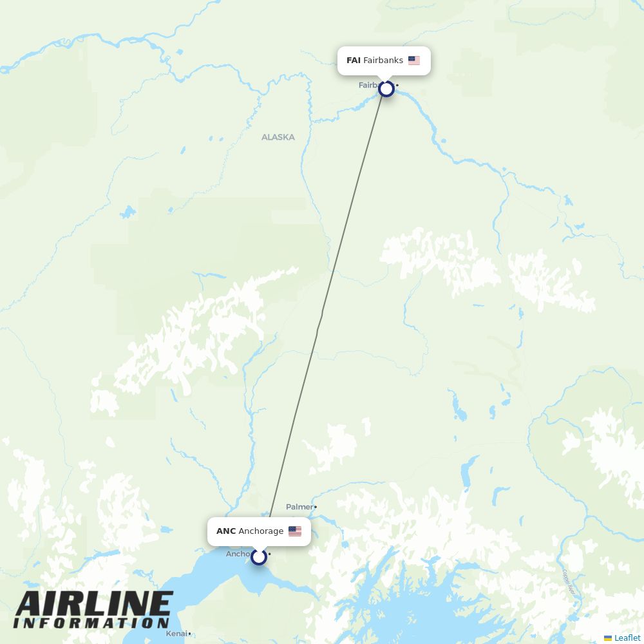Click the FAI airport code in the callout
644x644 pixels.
pyautogui.click(x=353, y=61)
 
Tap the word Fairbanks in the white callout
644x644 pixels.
pyautogui.click(x=383, y=61)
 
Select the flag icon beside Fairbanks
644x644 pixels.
pyautogui.click(x=414, y=61)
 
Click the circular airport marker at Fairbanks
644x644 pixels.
pyautogui.click(x=386, y=89)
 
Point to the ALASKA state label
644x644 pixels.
pyautogui.click(x=278, y=137)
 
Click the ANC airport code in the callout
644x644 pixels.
pyautogui.click(x=226, y=531)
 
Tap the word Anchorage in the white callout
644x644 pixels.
pyautogui.click(x=261, y=531)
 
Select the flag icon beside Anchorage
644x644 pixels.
pyautogui.click(x=295, y=531)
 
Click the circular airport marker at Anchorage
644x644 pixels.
pyautogui.click(x=259, y=557)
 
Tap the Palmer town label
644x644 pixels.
pyautogui.click(x=299, y=507)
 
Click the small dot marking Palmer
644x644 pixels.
pyautogui.click(x=316, y=507)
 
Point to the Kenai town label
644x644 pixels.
pyautogui.click(x=176, y=634)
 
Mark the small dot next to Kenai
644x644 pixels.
pyautogui.click(x=189, y=634)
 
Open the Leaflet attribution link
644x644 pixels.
pyautogui.click(x=627, y=638)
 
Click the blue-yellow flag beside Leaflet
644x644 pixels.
pyautogui.click(x=608, y=638)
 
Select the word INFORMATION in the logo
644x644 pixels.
pyautogui.click(x=91, y=623)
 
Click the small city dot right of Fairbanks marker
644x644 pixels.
pyautogui.click(x=397, y=86)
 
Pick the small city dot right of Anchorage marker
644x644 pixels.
pyautogui.click(x=270, y=554)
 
